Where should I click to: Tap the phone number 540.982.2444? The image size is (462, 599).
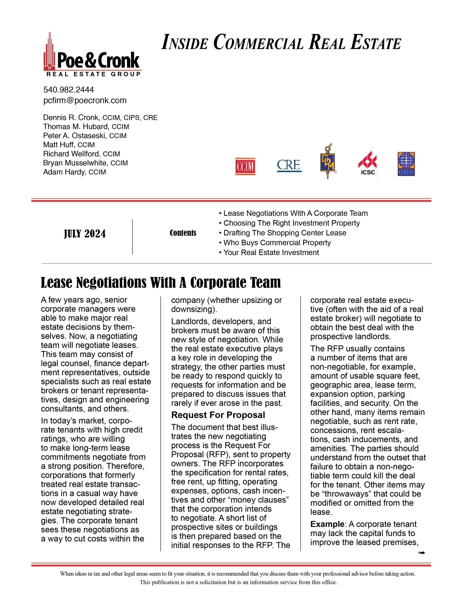(68, 90)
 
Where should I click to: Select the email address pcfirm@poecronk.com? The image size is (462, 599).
(85, 100)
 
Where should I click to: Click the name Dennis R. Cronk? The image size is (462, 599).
(71, 118)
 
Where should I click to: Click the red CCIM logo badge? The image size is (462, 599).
(245, 166)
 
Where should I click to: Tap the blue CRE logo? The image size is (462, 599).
(289, 165)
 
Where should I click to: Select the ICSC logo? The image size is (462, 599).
(367, 163)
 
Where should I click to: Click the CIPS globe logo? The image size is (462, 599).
(406, 164)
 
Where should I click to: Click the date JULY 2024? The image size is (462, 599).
(85, 234)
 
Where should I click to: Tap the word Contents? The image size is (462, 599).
(183, 233)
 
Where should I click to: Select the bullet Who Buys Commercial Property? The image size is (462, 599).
(277, 243)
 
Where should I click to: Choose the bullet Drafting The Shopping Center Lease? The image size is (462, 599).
(284, 233)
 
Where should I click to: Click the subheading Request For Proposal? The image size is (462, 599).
(218, 415)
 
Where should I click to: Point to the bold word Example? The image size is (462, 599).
(327, 524)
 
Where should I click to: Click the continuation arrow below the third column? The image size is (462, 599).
(421, 553)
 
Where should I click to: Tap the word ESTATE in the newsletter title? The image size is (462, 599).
(376, 43)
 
